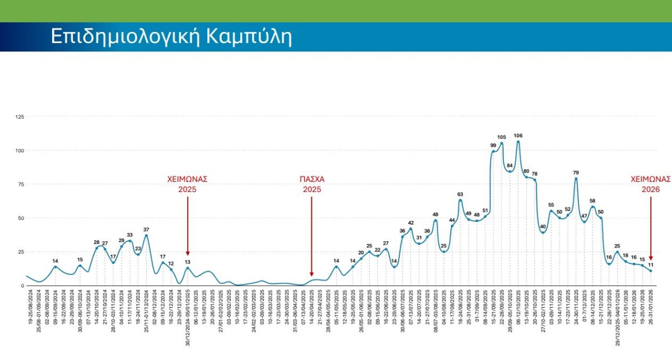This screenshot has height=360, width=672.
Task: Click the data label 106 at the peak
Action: [518, 135]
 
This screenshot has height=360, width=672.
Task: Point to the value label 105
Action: [501, 137]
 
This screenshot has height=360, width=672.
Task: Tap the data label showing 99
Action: [493, 145]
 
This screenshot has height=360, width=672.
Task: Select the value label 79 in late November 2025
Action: [576, 172]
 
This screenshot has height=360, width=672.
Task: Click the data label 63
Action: [460, 194]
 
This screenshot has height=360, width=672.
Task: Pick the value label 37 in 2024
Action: [146, 230]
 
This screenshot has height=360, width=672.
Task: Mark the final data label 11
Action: [651, 265]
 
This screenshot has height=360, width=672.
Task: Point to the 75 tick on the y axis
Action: [21, 184]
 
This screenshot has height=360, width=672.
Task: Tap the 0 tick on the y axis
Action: [22, 286]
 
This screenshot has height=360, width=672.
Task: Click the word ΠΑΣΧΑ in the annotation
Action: [312, 180]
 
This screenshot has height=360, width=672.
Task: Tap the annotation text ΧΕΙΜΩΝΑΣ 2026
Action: [651, 184]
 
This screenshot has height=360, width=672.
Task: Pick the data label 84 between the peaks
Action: [510, 166]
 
